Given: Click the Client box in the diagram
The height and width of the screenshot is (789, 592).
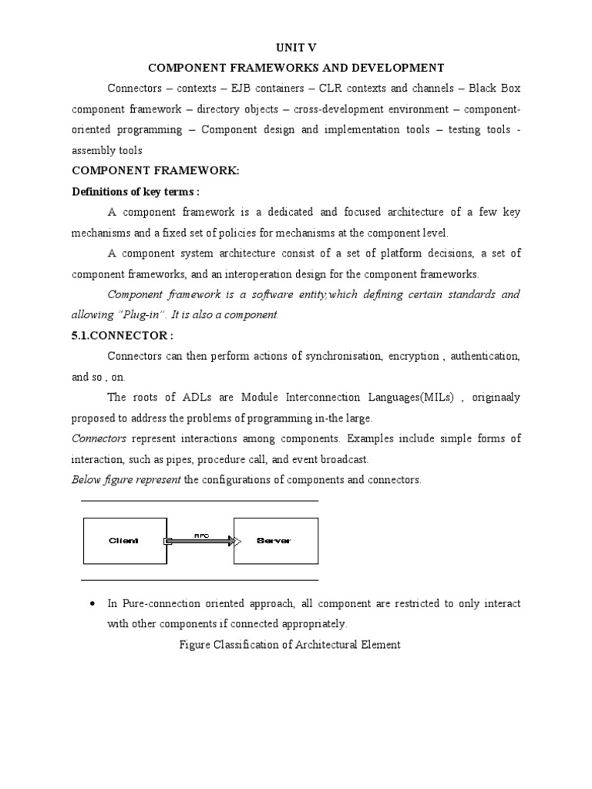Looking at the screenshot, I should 123,541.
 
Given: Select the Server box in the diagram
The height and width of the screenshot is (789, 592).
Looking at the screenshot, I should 275,541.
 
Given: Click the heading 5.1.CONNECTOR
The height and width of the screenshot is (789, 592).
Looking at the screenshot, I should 123,335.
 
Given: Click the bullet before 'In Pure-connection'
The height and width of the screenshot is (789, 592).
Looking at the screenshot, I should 92,603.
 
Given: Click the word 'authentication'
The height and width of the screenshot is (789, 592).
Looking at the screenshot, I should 485,356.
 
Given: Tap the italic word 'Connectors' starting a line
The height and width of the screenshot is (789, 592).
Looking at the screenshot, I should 98,438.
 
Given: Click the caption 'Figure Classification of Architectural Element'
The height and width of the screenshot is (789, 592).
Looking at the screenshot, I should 288,645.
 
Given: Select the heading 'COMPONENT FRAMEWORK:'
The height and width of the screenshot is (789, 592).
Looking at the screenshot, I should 156,171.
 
